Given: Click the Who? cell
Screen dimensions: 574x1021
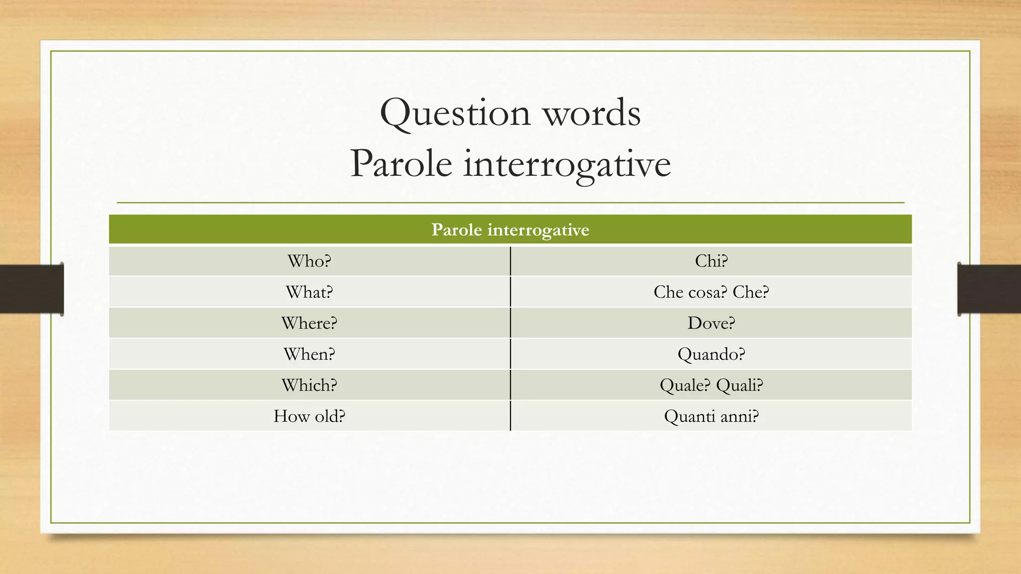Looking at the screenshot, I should click(309, 261).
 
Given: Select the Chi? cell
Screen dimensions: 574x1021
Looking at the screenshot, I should click(711, 261).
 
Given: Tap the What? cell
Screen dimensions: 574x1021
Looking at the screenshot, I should click(309, 292).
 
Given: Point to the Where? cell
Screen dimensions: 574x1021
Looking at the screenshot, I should click(309, 323).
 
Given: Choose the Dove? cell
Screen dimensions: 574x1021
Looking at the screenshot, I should click(711, 323).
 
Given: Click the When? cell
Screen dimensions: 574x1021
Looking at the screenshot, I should click(309, 354).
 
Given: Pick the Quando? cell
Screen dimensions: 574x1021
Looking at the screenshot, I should click(711, 354).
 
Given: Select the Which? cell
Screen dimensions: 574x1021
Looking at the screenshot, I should click(309, 385).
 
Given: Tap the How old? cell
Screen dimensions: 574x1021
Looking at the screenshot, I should click(309, 416).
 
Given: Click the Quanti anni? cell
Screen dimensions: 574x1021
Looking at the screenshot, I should click(711, 416).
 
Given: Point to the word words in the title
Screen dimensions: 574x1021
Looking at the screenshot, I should click(591, 114).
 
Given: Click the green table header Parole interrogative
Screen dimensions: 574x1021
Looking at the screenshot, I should click(510, 230).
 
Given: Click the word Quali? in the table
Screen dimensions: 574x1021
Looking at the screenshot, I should click(739, 385).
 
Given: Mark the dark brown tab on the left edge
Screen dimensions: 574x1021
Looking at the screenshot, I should click(31, 288).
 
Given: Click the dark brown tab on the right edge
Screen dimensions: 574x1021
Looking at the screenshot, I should click(989, 288).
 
